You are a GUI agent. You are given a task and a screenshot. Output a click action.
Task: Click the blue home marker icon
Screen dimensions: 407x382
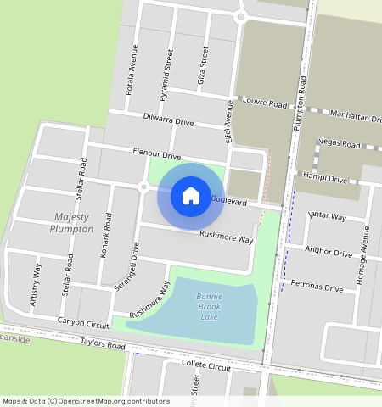click(191, 196)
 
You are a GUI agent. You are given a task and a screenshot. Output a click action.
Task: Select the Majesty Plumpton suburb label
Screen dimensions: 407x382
click(71, 223)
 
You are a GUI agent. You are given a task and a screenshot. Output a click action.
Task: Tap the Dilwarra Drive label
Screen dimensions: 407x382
click(168, 120)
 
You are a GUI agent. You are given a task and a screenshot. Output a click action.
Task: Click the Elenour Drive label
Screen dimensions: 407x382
click(157, 155)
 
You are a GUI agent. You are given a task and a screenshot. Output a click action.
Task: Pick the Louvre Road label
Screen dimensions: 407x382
click(266, 103)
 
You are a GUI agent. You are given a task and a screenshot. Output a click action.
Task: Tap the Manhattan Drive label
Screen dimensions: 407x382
click(350, 114)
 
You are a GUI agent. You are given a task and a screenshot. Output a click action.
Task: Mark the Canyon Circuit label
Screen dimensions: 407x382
click(83, 322)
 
